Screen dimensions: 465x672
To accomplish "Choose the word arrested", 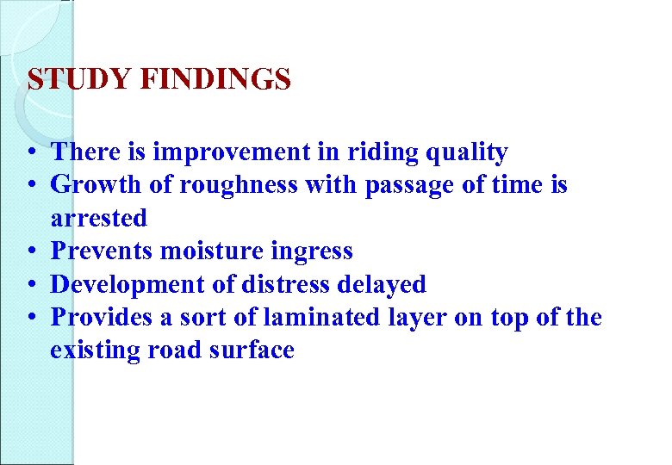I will tap(98, 218).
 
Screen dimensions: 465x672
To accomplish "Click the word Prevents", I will tap(96, 251).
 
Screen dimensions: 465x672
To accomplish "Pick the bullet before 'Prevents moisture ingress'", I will tap(30, 252).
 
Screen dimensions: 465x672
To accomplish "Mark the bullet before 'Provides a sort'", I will tap(30, 319).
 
